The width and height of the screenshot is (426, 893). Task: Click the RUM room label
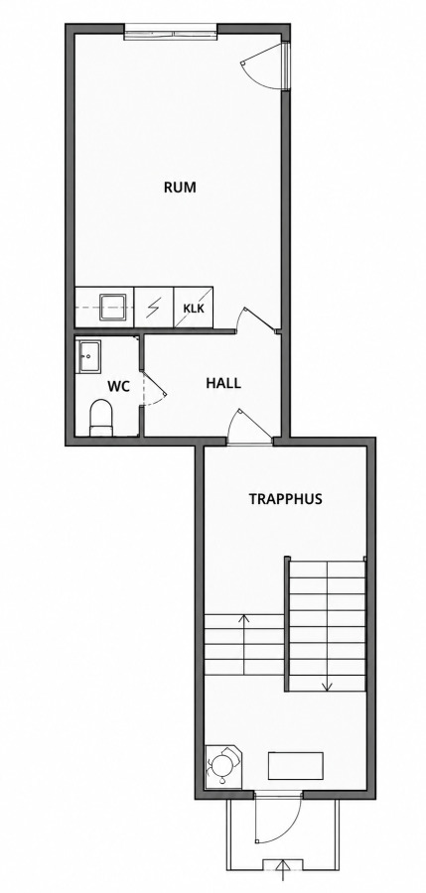tap(180, 188)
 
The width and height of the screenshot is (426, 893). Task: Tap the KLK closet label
tap(194, 309)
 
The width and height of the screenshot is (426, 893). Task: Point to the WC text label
tap(118, 387)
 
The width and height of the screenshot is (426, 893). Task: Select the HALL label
tap(223, 383)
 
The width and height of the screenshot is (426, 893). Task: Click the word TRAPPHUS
tap(285, 499)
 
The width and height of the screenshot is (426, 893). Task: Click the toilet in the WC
tap(101, 417)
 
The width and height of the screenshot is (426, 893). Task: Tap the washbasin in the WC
tap(88, 356)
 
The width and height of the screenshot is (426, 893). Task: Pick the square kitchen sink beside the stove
tap(113, 307)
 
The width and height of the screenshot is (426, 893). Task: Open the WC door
tap(153, 387)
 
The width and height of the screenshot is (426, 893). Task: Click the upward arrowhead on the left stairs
tap(244, 617)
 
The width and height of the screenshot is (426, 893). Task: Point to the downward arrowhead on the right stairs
tap(328, 687)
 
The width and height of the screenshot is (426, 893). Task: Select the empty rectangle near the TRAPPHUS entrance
tap(296, 766)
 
